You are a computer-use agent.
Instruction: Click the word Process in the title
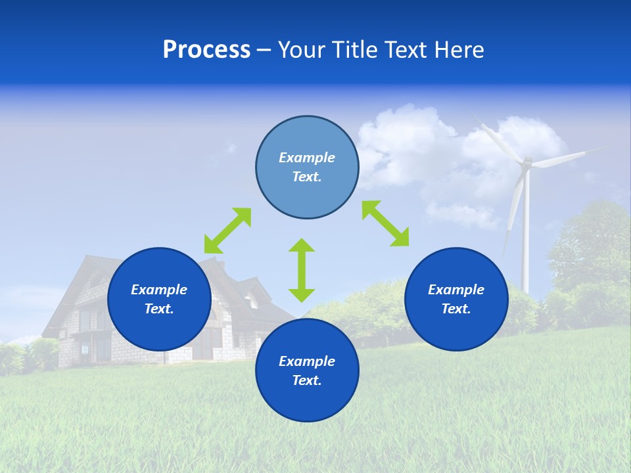206,50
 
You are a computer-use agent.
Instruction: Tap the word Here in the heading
458,50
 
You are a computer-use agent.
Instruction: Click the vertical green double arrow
302,270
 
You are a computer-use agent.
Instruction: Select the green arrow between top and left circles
227,231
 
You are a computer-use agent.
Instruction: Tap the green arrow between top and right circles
386,223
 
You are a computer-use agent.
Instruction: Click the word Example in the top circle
307,158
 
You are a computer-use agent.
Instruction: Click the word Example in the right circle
456,290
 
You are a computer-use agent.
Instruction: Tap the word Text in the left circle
158,309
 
